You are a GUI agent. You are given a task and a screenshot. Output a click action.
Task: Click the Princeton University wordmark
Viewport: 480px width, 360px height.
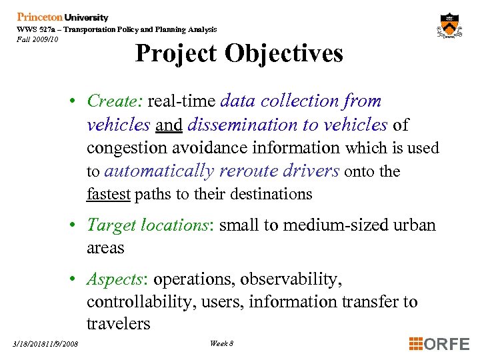click(x=62, y=17)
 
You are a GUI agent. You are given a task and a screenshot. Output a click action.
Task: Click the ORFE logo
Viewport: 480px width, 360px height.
click(x=439, y=344)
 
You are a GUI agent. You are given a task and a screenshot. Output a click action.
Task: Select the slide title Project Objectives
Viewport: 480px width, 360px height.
click(x=239, y=53)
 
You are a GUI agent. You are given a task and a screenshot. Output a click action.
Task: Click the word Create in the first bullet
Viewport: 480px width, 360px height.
click(x=111, y=101)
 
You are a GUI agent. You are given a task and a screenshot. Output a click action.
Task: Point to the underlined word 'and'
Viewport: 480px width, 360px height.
click(x=169, y=125)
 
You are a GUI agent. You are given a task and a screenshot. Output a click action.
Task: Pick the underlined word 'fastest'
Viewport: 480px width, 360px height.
click(x=110, y=194)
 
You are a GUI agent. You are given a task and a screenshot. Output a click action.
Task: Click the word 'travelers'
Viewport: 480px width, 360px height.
click(x=118, y=324)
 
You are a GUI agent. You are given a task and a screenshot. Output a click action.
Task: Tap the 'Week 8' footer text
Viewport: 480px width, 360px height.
click(x=221, y=343)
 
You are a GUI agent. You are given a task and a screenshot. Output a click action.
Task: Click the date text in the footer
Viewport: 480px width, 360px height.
click(x=45, y=344)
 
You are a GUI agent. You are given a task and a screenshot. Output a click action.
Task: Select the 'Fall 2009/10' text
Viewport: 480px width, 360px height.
click(x=38, y=39)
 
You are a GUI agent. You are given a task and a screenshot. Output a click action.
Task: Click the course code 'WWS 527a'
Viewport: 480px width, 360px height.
click(x=36, y=30)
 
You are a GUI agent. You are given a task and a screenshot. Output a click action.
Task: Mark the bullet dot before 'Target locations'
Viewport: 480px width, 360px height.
click(x=78, y=225)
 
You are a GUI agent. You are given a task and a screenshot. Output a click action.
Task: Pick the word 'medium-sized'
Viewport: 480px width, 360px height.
click(x=335, y=225)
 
